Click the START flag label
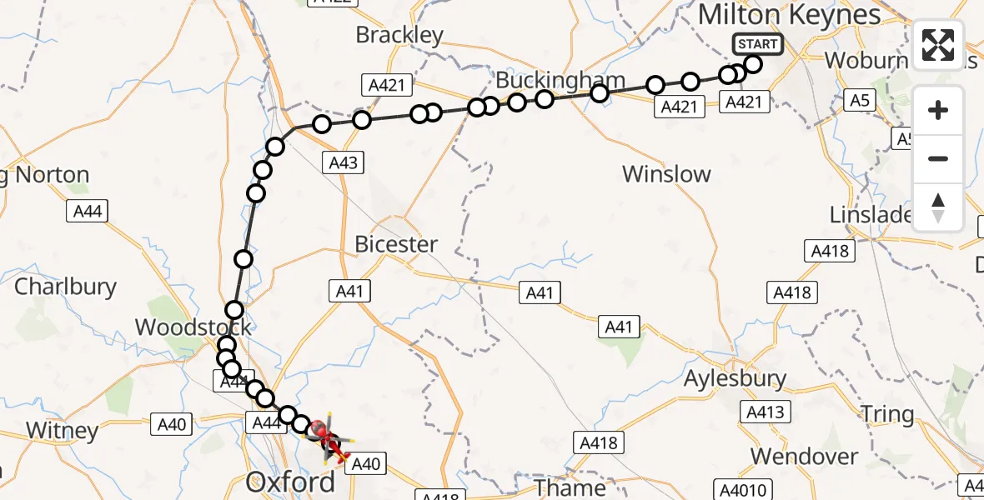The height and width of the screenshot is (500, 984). click(757, 44)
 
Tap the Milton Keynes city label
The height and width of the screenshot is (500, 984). click(789, 15)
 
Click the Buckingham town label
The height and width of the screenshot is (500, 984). click(560, 81)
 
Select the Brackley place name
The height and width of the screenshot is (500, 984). click(399, 35)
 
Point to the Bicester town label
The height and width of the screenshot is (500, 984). click(396, 244)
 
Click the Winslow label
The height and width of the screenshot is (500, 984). click(667, 174)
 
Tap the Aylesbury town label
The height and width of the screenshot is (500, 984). click(735, 379)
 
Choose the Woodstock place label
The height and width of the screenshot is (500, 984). click(193, 327)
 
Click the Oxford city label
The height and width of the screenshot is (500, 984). click(291, 482)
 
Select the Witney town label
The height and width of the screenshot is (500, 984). click(63, 431)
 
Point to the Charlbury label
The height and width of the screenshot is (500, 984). click(66, 287)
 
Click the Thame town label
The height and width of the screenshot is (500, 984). click(570, 486)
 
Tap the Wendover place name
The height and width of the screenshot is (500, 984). click(804, 457)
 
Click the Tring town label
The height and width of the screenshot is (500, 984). click(887, 414)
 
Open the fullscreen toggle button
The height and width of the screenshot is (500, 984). click(938, 45)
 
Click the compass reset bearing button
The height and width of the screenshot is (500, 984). click(938, 207)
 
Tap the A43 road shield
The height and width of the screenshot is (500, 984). click(343, 162)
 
